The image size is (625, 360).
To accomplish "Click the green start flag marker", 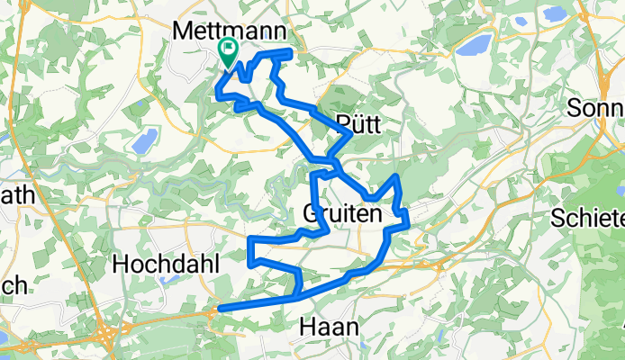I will (227, 52).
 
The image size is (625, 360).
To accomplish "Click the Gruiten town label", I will (341, 215).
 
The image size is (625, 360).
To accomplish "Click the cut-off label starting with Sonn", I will (596, 109).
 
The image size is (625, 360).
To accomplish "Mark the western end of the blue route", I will (220, 309).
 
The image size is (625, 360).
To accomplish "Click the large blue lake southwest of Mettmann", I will (144, 140).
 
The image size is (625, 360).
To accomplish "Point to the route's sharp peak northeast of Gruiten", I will (397, 175).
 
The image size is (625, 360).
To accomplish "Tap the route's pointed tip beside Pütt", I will (349, 134).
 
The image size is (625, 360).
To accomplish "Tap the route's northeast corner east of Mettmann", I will (292, 53).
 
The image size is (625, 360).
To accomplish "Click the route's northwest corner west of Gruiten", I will (250, 240).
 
